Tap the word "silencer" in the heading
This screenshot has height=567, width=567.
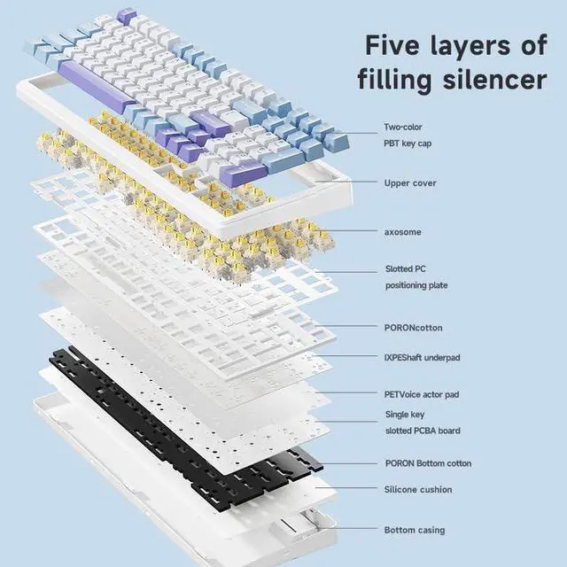[490, 80]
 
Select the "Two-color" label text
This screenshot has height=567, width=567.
[403, 127]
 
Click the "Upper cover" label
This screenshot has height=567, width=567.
[410, 183]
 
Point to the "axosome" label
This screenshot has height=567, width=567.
[403, 232]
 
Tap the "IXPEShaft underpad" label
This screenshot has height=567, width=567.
[423, 357]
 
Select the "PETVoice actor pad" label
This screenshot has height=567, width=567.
[422, 393]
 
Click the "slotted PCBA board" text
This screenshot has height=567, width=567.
[423, 431]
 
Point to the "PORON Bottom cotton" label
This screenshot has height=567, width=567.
[428, 463]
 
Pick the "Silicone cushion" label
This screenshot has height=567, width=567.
[418, 489]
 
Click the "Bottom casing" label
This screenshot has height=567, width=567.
[415, 530]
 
